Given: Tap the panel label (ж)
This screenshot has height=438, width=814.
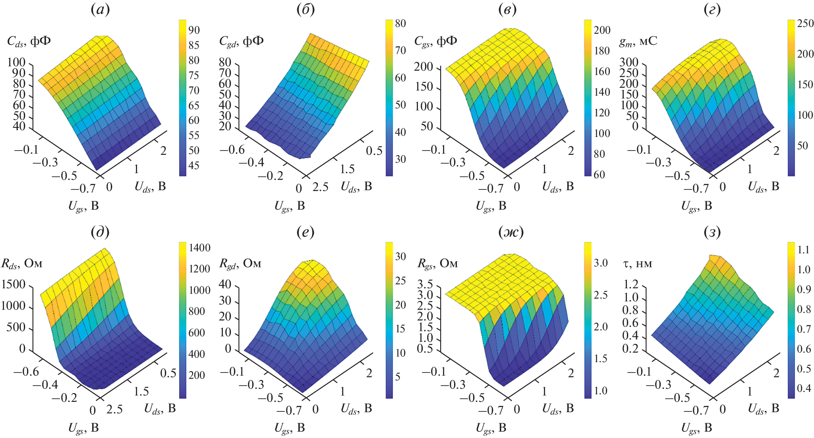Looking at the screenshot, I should click(x=511, y=232).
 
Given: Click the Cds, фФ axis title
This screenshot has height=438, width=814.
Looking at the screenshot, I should click(x=29, y=41).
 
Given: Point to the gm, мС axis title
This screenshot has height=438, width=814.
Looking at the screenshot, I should click(x=638, y=41).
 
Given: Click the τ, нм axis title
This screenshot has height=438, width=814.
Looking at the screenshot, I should click(x=638, y=264).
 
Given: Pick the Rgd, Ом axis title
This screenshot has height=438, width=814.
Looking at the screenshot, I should click(x=240, y=264).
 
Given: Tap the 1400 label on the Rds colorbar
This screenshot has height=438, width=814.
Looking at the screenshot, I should click(x=199, y=248).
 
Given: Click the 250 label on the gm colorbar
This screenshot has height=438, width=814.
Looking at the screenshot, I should click(x=805, y=23).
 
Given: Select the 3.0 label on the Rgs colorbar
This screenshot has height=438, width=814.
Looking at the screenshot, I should click(x=600, y=263).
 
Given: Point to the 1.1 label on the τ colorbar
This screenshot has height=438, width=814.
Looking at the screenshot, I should click(x=803, y=250).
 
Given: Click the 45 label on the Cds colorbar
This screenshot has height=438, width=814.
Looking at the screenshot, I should click(x=194, y=166).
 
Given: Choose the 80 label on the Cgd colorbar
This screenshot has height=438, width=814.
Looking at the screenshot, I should click(x=400, y=23).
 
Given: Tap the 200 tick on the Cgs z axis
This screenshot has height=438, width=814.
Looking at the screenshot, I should click(x=423, y=67).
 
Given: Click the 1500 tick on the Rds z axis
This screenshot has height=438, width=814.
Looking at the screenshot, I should click(x=14, y=285).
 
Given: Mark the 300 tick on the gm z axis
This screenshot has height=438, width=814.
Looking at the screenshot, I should click(x=628, y=62).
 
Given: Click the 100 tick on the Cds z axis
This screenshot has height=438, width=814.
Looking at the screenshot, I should click(x=16, y=62).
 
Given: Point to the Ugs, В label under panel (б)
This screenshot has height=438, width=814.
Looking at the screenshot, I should click(x=290, y=206).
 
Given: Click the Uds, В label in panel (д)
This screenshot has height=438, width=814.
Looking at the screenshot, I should click(x=160, y=409).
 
